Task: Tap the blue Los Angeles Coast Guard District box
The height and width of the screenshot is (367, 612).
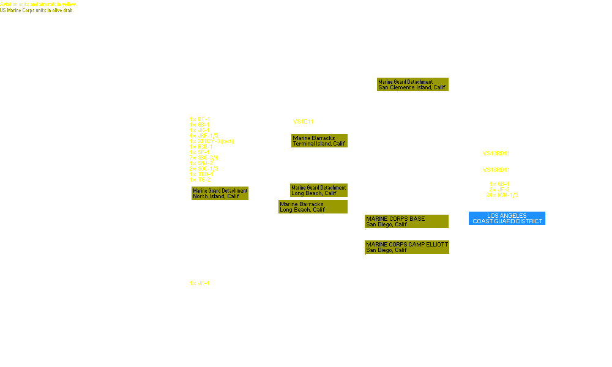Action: tap(507, 219)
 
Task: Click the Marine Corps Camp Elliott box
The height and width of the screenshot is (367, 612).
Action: tap(407, 247)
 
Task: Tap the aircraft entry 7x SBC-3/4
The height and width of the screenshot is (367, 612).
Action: tap(204, 158)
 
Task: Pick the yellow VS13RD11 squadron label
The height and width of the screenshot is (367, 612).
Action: tap(496, 154)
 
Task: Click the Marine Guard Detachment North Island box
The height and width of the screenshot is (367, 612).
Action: tap(220, 193)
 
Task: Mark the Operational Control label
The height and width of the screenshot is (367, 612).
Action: tap(480, 207)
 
